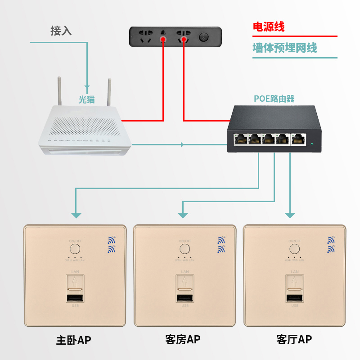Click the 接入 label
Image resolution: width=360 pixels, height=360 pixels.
[x=61, y=31]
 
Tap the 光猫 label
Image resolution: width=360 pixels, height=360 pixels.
[x=87, y=99]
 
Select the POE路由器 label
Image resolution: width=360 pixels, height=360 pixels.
[x=274, y=99]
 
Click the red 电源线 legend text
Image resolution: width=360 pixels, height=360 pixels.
[x=269, y=27]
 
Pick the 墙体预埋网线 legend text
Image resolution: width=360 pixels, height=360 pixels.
[x=284, y=48]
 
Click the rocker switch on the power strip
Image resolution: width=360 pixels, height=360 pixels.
[x=205, y=36]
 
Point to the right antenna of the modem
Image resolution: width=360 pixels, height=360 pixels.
[x=109, y=92]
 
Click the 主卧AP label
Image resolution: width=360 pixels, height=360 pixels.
[x=73, y=340]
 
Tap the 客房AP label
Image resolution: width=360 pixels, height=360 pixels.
[x=183, y=339]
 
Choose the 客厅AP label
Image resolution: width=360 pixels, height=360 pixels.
[x=294, y=339]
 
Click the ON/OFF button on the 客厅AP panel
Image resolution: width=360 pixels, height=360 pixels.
[x=295, y=249]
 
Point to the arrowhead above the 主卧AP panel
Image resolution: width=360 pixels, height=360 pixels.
[x=76, y=215]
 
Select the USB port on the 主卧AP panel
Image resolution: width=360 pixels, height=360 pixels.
[x=75, y=299]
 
